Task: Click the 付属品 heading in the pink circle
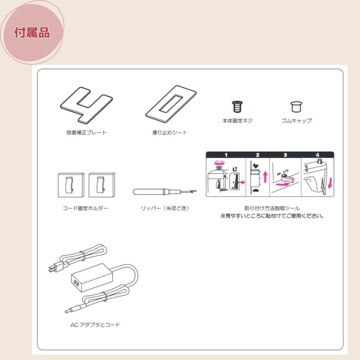tap(32, 33)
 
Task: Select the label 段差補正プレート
tap(86, 133)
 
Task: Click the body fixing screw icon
tap(237, 107)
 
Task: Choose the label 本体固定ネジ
tap(238, 120)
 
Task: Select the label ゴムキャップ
tap(296, 120)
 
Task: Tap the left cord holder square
tap(71, 184)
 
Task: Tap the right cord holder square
tap(102, 184)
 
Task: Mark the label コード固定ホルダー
tap(86, 208)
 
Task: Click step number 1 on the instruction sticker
tap(226, 155)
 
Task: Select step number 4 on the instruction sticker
tap(317, 155)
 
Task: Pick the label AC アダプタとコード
tap(95, 325)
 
